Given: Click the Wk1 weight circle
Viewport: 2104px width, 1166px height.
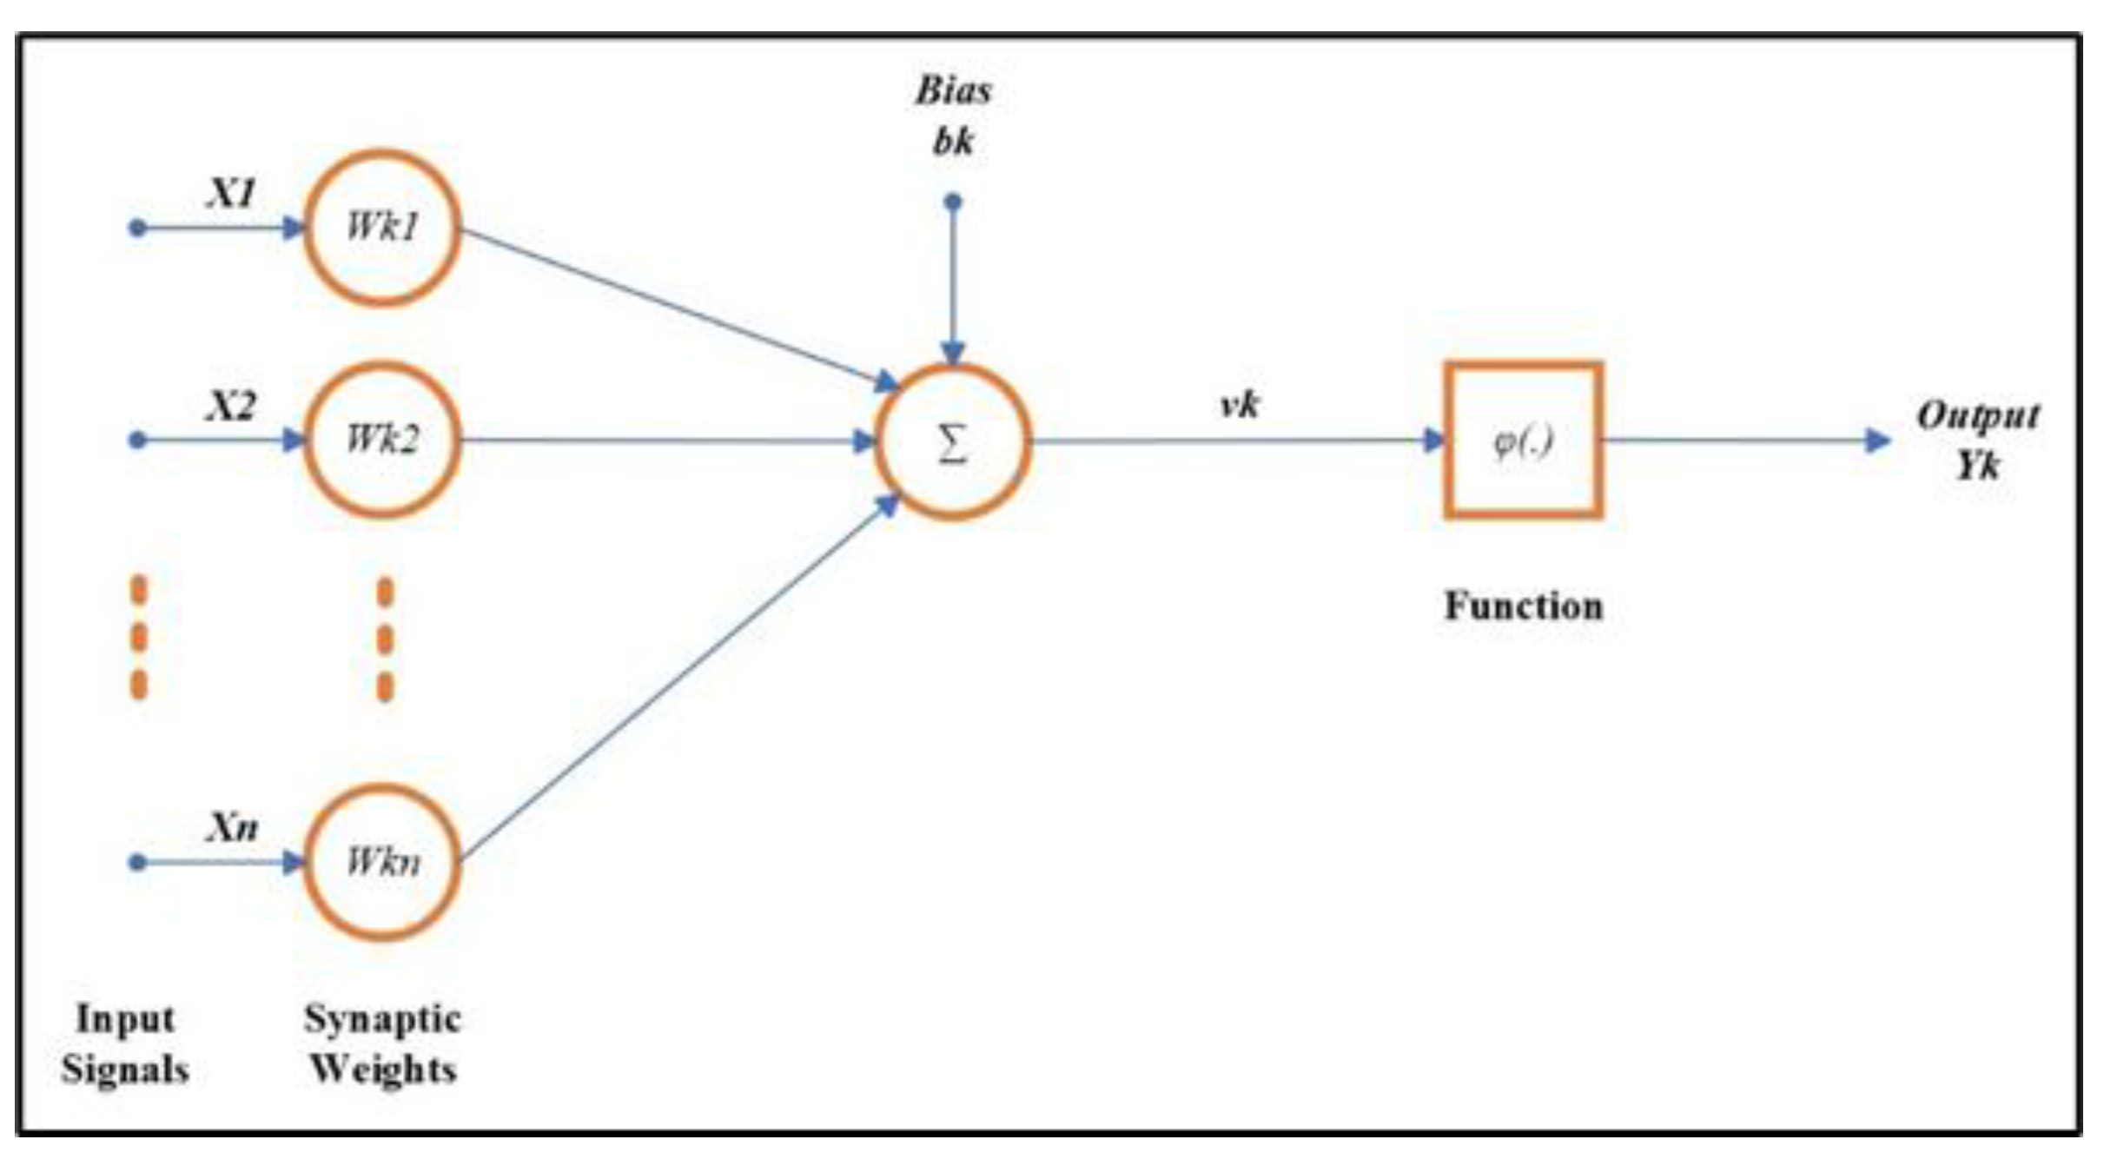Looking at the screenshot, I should tap(382, 228).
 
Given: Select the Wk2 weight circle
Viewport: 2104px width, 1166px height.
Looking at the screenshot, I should tap(382, 440).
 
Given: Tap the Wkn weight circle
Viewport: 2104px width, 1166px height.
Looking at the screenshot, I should tap(382, 862).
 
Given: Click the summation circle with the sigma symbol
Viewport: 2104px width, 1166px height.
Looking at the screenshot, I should tap(953, 442).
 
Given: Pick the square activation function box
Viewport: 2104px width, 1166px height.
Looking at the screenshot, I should tap(1524, 441).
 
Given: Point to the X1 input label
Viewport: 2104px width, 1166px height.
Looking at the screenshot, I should tap(231, 193).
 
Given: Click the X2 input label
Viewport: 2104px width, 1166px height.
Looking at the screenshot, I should tap(231, 406).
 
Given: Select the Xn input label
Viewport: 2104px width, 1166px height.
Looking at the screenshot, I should tap(232, 827).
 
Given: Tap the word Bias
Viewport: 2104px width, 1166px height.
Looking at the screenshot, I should tap(953, 91).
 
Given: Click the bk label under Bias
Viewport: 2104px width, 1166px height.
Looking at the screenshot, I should tap(953, 142).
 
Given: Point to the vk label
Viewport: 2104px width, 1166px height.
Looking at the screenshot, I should tap(1240, 404).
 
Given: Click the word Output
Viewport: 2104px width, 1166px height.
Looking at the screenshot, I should tap(1978, 416).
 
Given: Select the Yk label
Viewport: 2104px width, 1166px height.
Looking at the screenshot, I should tap(1978, 467).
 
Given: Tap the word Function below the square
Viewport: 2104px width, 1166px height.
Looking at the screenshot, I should tap(1524, 606).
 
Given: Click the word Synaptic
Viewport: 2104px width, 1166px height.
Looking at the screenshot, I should tap(382, 1019).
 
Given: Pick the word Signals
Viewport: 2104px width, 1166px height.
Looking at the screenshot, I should tap(125, 1069).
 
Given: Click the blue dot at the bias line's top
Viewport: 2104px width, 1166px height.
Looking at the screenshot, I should tap(953, 202).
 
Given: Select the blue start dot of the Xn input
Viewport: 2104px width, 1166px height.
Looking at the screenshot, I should tap(137, 862).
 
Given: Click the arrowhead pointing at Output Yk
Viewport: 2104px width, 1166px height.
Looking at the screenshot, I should tap(1878, 441).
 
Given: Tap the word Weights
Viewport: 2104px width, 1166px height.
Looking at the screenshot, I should tap(383, 1069).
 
